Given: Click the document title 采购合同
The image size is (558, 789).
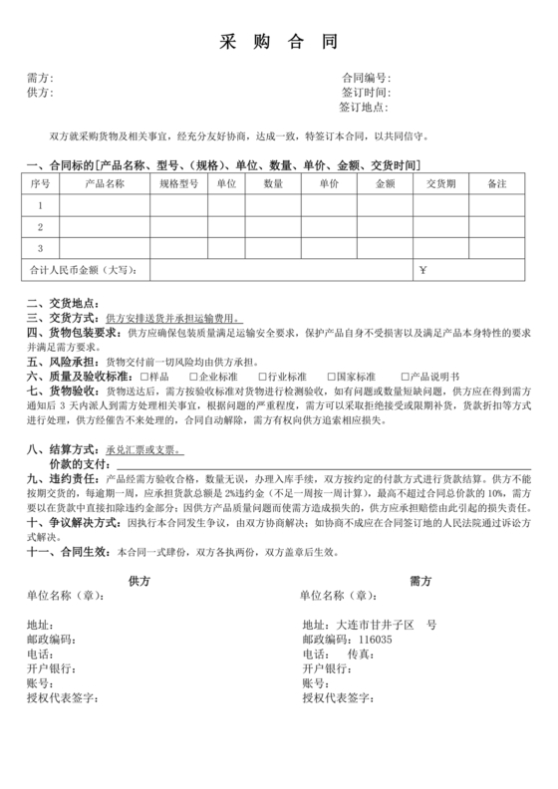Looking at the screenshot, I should [278, 42].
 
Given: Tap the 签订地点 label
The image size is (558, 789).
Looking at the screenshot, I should [363, 108].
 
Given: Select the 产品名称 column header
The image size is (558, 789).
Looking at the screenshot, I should [105, 184].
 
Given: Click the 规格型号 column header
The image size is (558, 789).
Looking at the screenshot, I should [179, 184].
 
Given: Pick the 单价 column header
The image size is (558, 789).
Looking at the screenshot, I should [330, 184].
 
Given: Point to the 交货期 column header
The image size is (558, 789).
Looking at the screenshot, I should [440, 184].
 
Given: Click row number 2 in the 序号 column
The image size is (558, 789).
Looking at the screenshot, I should [41, 227].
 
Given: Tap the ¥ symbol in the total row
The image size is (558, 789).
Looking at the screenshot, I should [422, 270].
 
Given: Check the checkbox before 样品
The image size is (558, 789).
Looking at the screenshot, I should [145, 378].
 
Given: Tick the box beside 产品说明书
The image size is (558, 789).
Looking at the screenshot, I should [406, 378].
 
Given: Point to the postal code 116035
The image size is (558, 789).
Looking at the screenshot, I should [376, 640].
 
